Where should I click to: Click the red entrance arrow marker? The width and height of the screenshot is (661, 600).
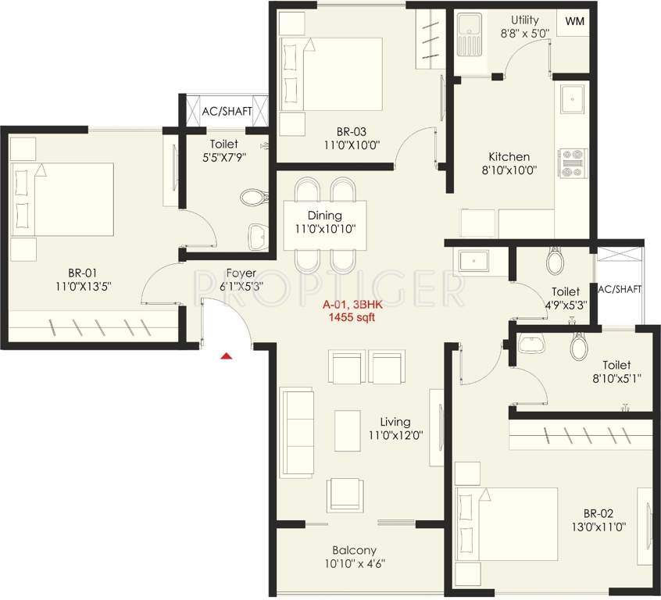(x=226, y=356)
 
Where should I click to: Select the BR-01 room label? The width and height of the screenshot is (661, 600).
(x=81, y=273)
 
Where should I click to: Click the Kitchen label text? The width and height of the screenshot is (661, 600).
(x=509, y=157)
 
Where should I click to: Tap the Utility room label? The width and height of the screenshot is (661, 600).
(x=525, y=20)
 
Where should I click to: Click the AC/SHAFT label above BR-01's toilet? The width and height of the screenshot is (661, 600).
(x=227, y=112)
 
